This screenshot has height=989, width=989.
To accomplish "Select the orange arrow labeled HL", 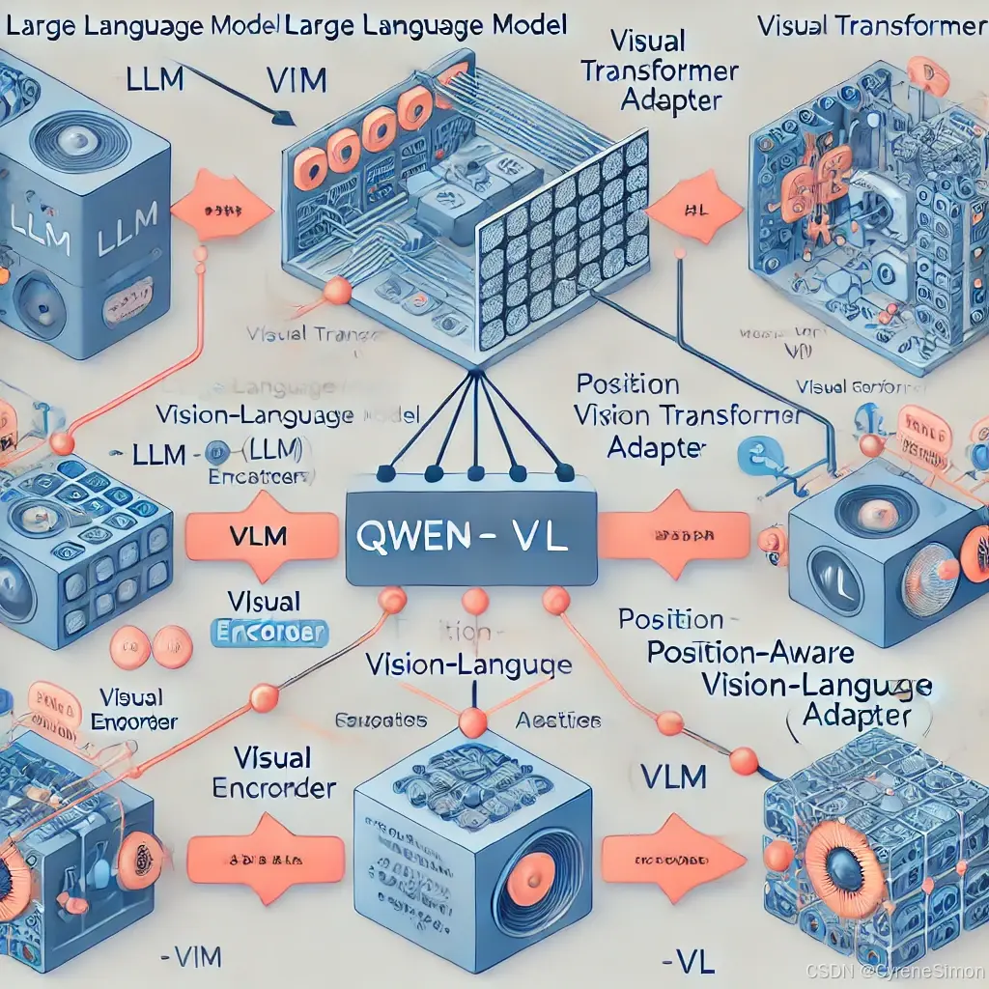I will (693, 208).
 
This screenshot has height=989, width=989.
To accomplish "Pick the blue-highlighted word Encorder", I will (269, 634).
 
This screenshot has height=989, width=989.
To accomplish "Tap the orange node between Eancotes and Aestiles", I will (472, 722).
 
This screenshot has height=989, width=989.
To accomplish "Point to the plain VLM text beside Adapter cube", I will (673, 775).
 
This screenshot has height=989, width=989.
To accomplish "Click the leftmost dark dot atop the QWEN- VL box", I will (384, 473).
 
